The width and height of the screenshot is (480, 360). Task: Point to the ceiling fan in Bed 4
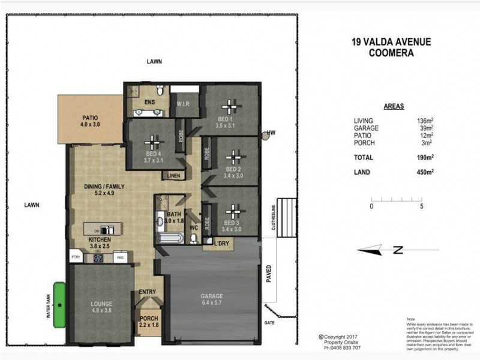(x=154, y=145)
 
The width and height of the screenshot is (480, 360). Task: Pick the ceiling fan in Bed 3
(x=232, y=213)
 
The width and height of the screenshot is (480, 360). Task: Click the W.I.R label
(x=184, y=104)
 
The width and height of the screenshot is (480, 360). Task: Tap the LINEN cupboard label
(x=174, y=176)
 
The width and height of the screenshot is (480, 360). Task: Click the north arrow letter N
(x=397, y=251)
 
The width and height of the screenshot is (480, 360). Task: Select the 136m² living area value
(x=424, y=121)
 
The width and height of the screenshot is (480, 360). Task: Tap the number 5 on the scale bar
(x=423, y=206)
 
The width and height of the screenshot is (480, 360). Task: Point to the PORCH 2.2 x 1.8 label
(x=148, y=322)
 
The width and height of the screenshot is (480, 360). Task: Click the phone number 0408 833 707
(x=343, y=348)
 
